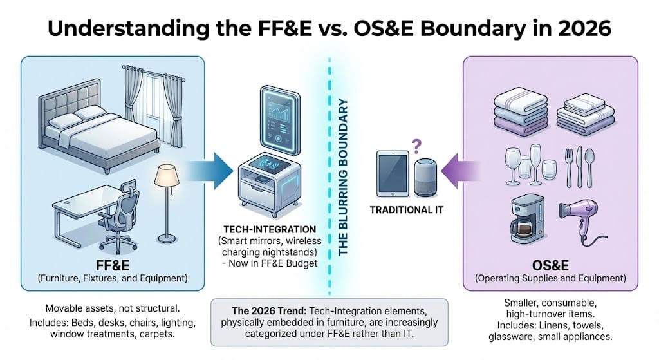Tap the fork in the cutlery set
tap(569, 165)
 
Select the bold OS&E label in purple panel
tap(550, 265)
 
